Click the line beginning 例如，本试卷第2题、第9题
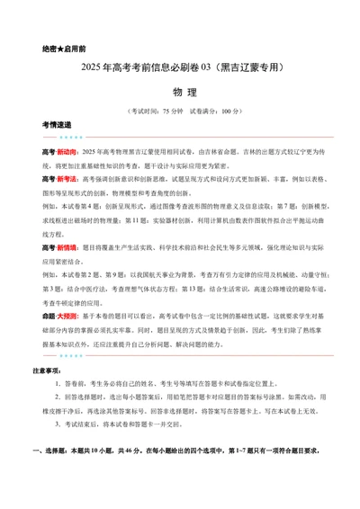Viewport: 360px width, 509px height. point(180,273)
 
